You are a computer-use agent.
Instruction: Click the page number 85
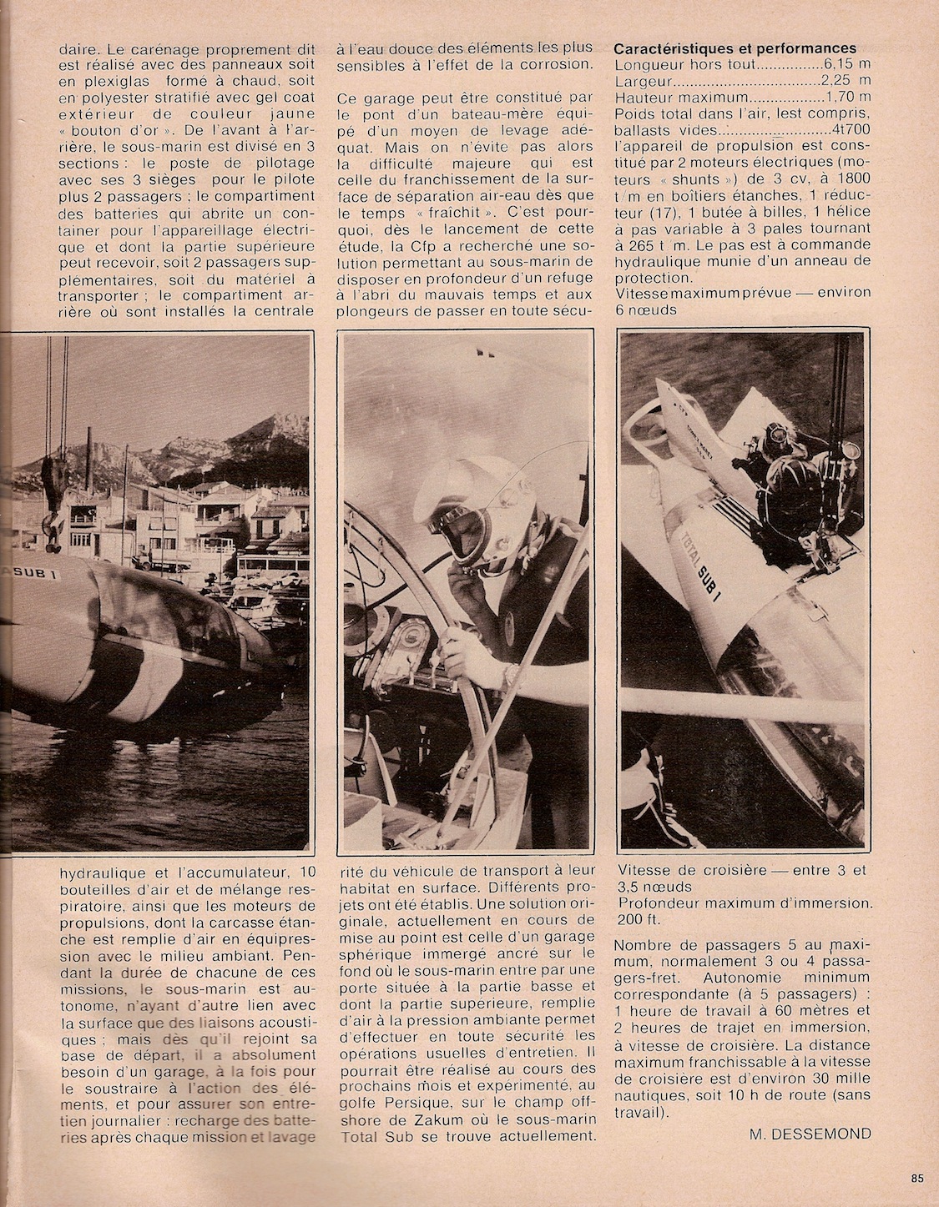[x=917, y=1179]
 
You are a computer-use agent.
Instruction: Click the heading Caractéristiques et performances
[x=735, y=48]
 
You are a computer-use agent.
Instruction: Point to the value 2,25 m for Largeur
[x=847, y=81]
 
